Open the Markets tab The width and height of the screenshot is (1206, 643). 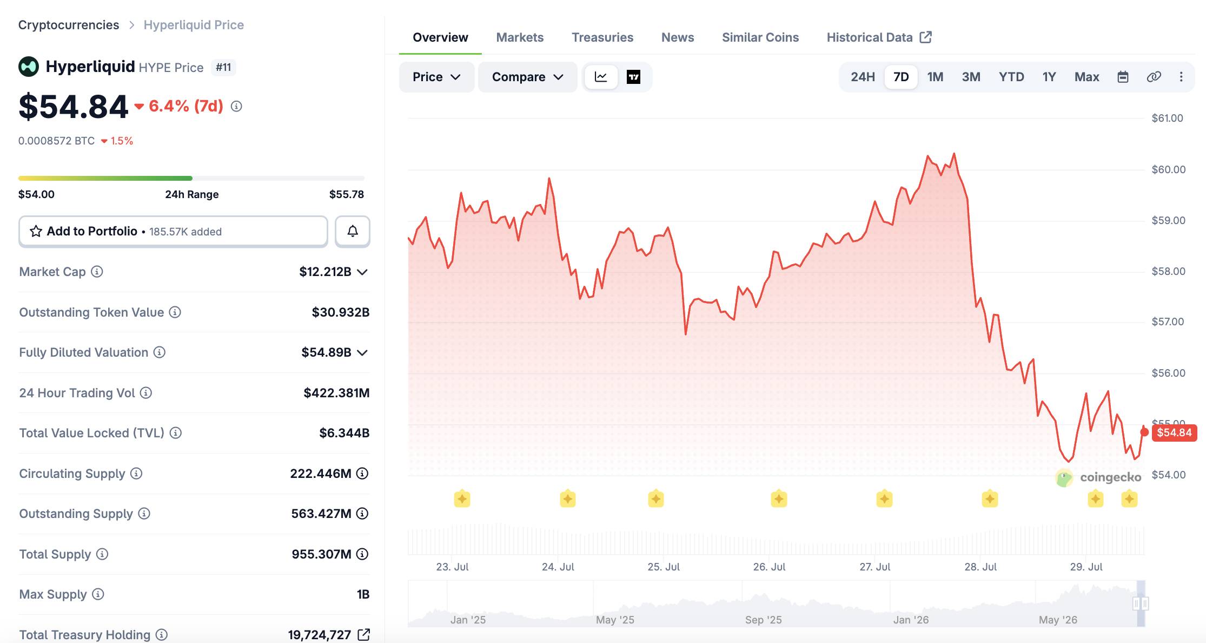click(520, 37)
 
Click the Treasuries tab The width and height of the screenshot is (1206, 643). click(602, 37)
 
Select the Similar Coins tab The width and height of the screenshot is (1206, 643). click(760, 37)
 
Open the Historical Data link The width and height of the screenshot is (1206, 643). click(879, 37)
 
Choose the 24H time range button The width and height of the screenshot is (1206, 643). click(863, 77)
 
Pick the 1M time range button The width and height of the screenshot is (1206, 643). click(935, 77)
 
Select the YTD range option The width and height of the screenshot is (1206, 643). click(1011, 77)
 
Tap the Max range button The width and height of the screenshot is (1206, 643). click(1086, 77)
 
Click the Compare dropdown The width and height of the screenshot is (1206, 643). click(528, 77)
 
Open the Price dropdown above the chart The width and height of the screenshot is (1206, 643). click(436, 77)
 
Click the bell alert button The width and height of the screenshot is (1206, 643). click(353, 232)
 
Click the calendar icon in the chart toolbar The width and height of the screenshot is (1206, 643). click(1123, 77)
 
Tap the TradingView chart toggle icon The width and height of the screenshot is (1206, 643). click(633, 77)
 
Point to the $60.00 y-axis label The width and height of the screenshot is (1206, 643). click(1168, 169)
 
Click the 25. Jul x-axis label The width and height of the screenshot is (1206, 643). click(664, 567)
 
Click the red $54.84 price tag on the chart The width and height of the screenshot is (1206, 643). click(1174, 432)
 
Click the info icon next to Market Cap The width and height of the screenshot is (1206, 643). click(97, 272)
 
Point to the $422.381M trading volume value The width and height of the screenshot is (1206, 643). click(336, 393)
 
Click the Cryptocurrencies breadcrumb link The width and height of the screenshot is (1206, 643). click(69, 25)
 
